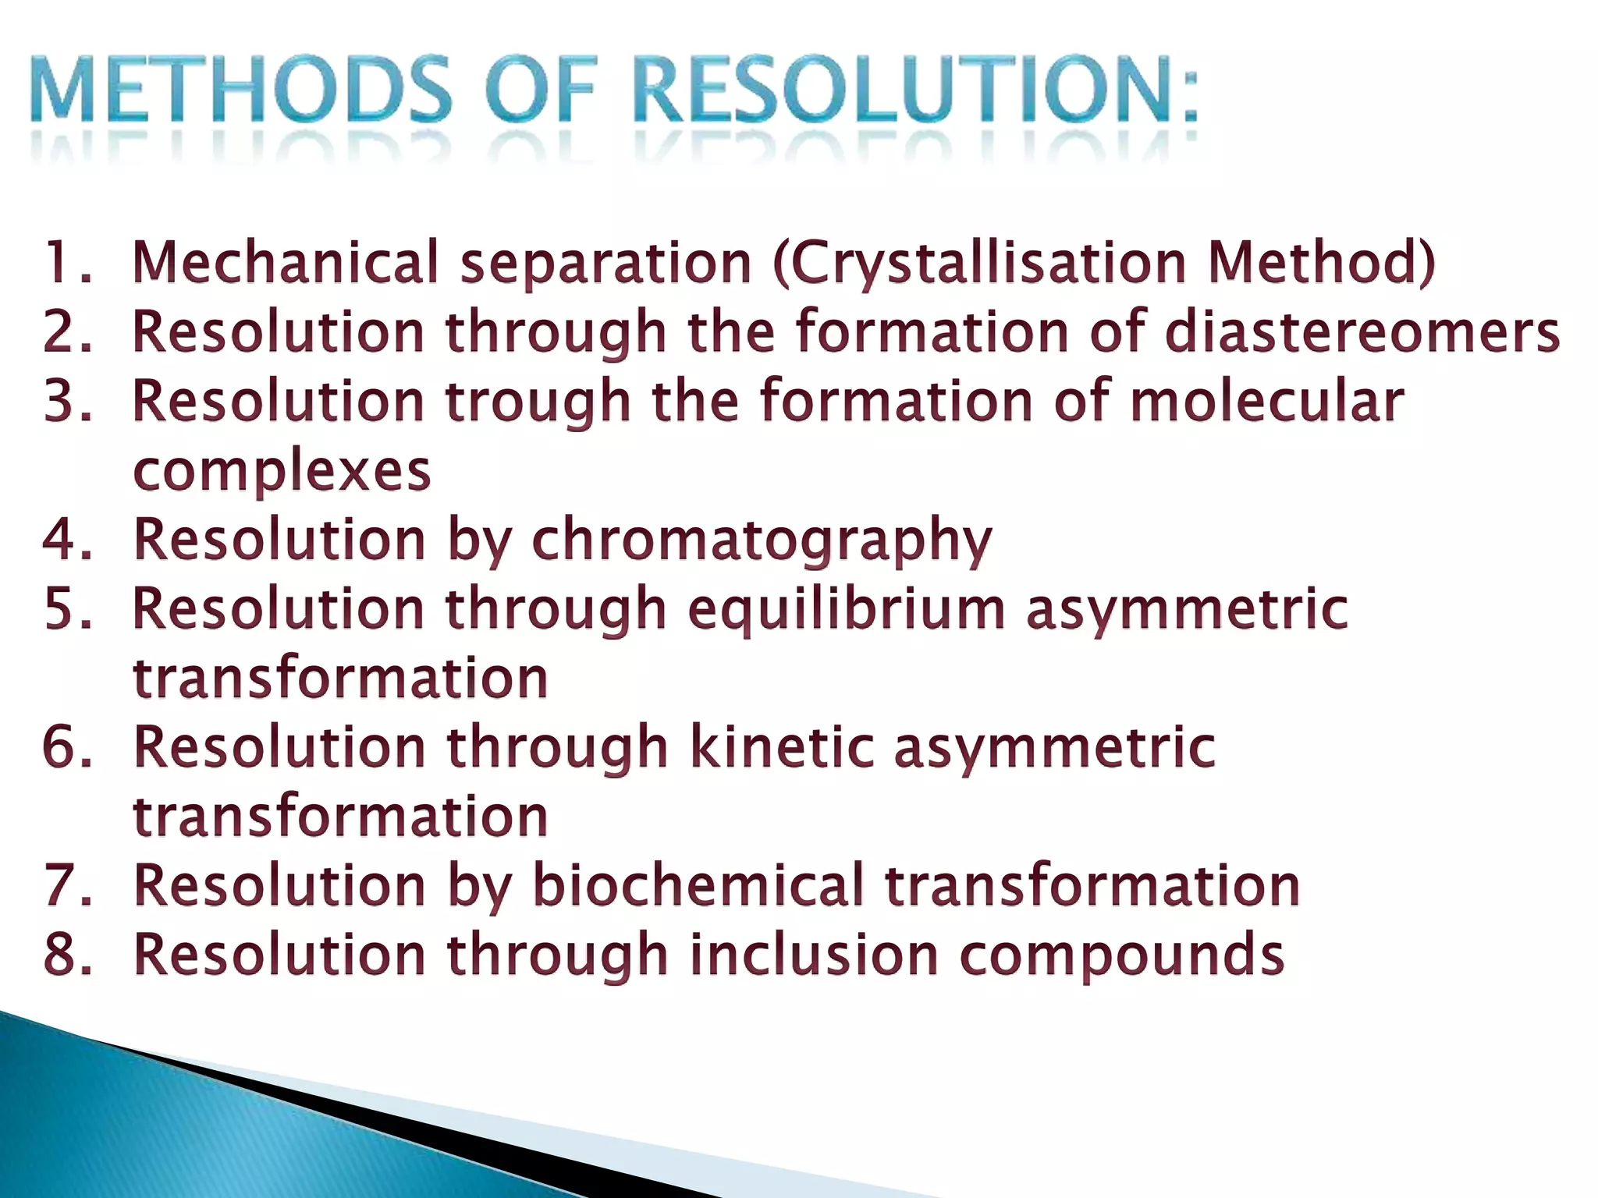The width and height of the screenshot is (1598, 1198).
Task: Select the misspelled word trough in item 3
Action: click(x=538, y=402)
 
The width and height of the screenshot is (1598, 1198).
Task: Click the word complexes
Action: click(x=282, y=470)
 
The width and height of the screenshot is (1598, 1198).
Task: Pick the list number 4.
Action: click(x=66, y=539)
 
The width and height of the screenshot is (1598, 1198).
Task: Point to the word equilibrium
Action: click(x=846, y=610)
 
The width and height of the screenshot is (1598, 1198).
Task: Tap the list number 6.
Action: click(x=66, y=747)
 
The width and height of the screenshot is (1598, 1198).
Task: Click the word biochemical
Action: click(x=698, y=885)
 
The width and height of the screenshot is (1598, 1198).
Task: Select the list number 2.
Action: click(x=66, y=331)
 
